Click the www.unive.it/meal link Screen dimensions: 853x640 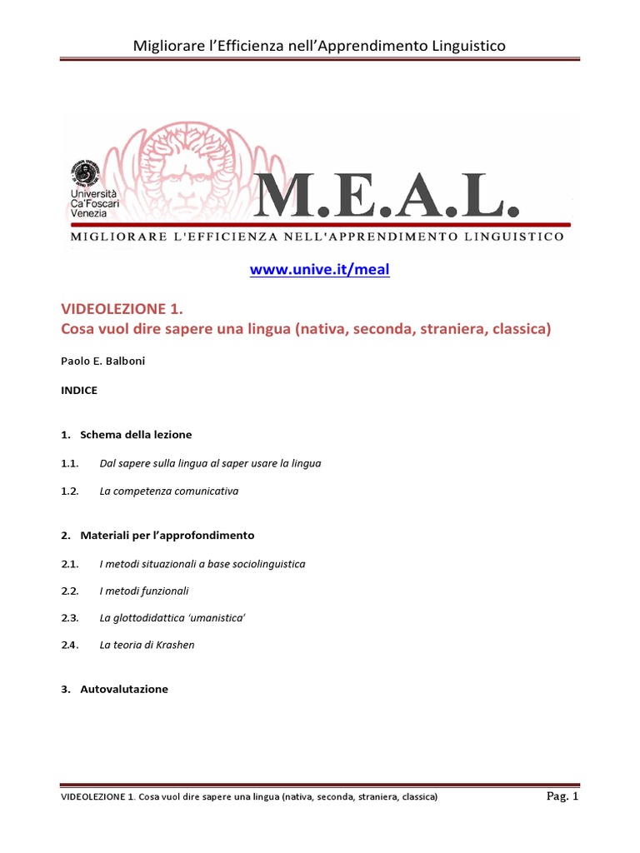(x=320, y=269)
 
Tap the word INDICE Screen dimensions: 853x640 (x=79, y=390)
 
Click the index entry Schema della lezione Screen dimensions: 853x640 (x=136, y=435)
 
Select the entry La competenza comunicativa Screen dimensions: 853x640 (x=168, y=491)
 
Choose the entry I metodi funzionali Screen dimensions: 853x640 (x=144, y=591)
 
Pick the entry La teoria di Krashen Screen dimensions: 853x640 (x=147, y=645)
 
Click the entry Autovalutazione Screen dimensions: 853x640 (x=124, y=690)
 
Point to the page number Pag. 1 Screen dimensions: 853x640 (x=562, y=796)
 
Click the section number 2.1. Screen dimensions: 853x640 (x=69, y=564)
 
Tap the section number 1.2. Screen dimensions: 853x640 (x=69, y=491)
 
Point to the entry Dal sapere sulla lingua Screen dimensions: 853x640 (x=210, y=463)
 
